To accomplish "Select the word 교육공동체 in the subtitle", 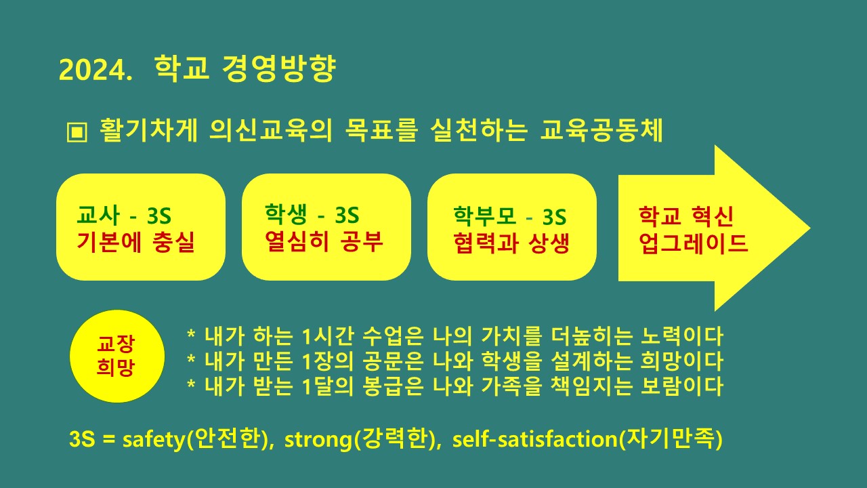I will click(601, 130).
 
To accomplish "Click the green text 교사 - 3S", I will click(124, 218).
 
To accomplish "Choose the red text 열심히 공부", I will click(324, 241).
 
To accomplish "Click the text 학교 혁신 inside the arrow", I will click(685, 218).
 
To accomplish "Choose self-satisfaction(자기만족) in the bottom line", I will click(587, 439).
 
